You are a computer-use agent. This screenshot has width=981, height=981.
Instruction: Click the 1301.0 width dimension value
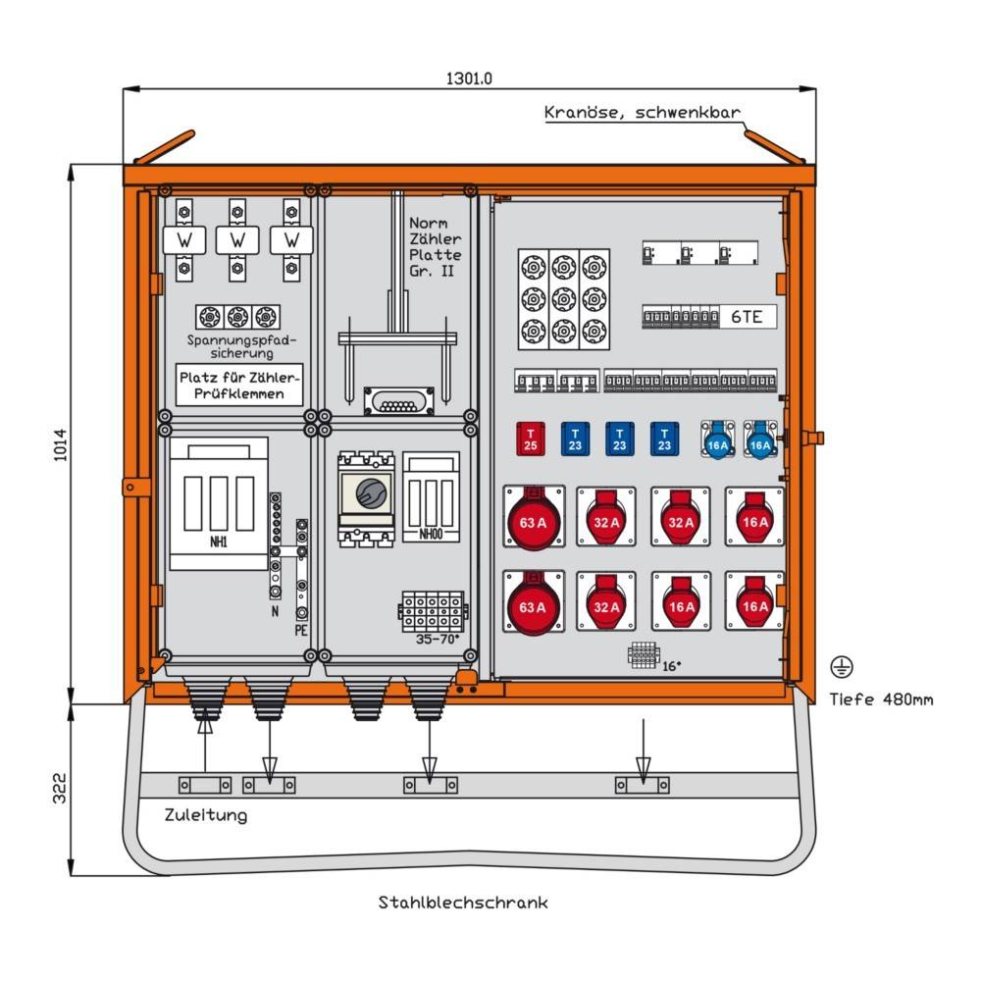(x=469, y=77)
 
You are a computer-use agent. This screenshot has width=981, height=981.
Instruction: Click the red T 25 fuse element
(x=531, y=439)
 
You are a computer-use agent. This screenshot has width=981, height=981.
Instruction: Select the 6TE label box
(x=748, y=316)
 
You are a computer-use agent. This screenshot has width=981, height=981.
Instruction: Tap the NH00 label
(x=430, y=536)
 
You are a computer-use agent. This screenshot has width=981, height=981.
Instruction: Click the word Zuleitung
(x=206, y=815)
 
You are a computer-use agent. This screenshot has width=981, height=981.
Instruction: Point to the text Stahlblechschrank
(x=463, y=903)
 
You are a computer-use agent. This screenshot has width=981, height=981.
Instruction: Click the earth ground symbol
(x=841, y=667)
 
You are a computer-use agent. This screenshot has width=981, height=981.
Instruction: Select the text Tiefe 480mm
(x=881, y=699)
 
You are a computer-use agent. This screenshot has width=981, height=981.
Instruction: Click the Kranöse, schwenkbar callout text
(x=643, y=113)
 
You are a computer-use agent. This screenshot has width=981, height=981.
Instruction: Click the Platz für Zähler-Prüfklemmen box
(x=240, y=385)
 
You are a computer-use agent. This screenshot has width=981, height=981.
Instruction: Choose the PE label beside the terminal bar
(x=301, y=630)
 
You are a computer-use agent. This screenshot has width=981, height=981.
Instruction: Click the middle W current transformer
(x=237, y=239)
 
